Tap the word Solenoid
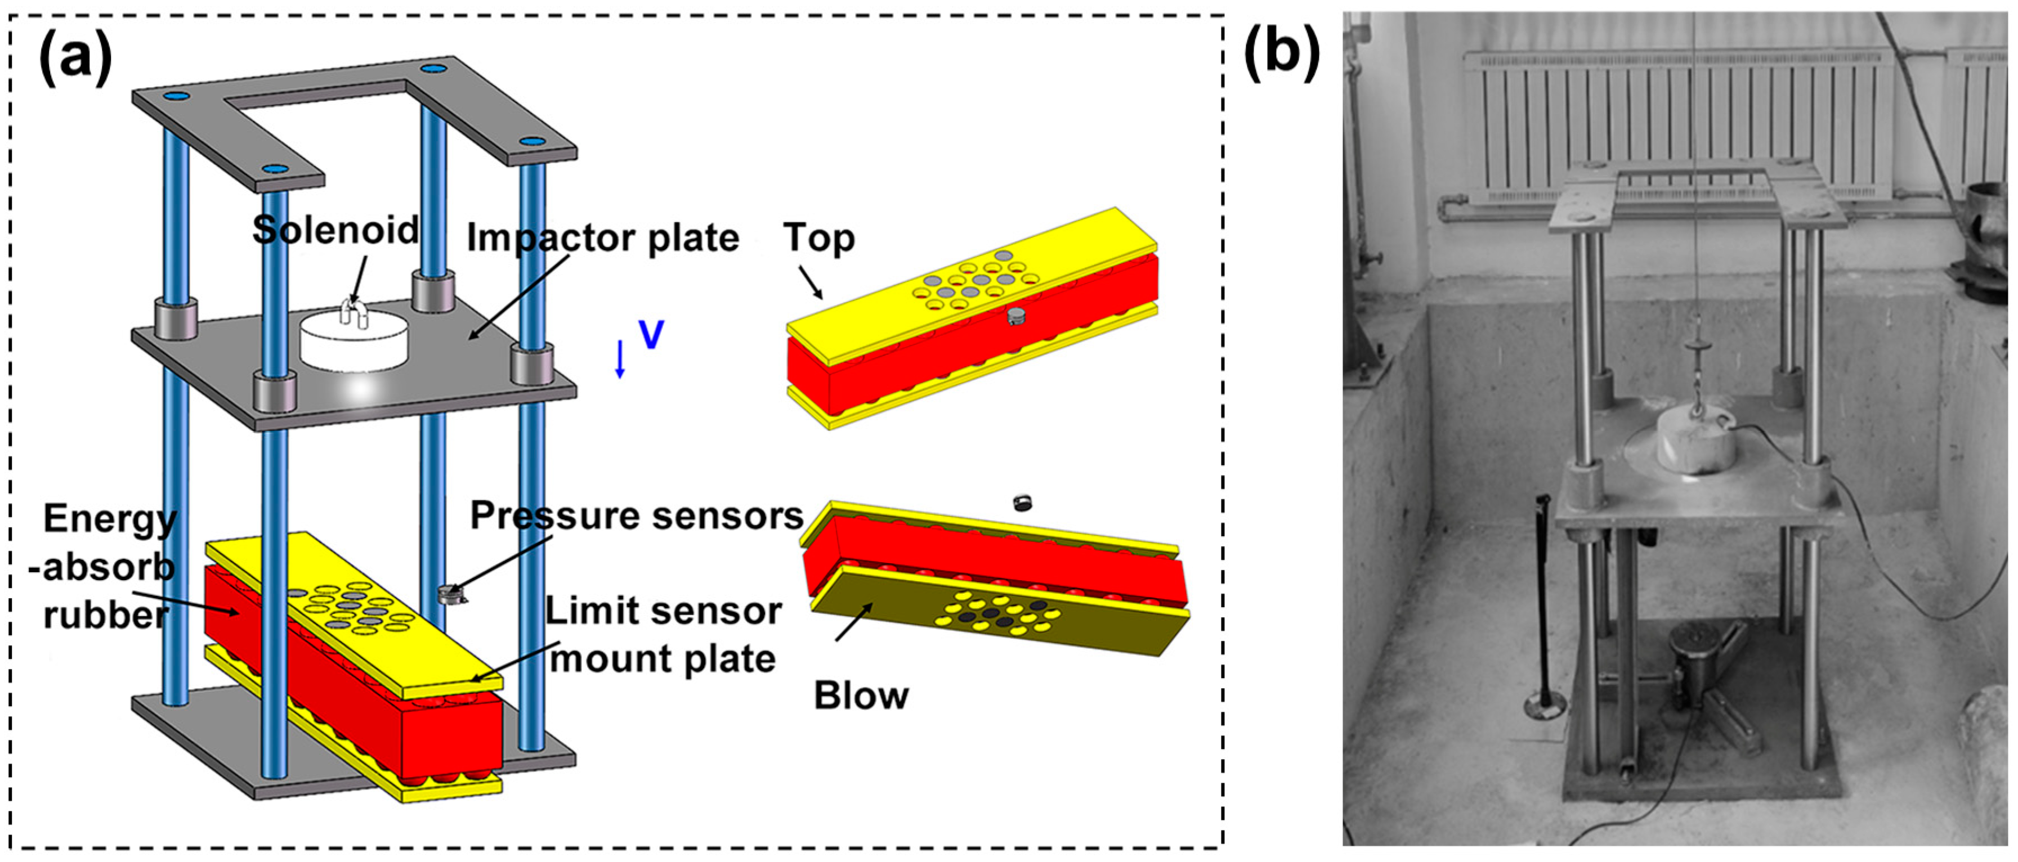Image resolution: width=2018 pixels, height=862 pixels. click(335, 230)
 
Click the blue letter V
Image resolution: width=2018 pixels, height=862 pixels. click(651, 334)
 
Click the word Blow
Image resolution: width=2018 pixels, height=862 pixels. click(861, 695)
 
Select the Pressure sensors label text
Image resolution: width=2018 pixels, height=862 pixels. click(636, 516)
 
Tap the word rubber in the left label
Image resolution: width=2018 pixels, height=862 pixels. click(105, 614)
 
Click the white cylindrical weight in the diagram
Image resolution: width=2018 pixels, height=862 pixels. click(354, 342)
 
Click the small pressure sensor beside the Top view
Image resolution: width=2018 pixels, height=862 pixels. click(1016, 316)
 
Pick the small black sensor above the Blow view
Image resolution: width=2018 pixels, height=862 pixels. click(1022, 502)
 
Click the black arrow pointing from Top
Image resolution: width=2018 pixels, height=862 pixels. click(810, 282)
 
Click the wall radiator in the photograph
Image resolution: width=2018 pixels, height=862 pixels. click(1676, 118)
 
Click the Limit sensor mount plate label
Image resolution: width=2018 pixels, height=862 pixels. click(663, 635)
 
